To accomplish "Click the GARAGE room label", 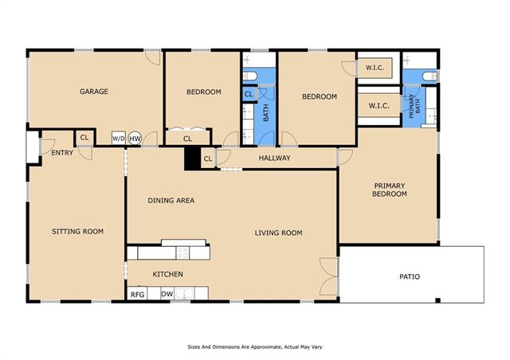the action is (x=94, y=92).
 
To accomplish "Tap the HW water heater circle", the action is (x=135, y=139).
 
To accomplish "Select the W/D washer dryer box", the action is (x=119, y=139).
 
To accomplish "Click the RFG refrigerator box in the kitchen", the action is (x=137, y=293).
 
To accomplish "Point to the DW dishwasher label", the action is (x=167, y=295).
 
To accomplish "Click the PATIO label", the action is (x=410, y=276).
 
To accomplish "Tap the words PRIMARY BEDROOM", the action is (x=390, y=190).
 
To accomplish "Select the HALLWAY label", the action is (x=274, y=158).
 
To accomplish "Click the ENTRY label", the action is (x=62, y=152).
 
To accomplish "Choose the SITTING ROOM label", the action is (x=78, y=231).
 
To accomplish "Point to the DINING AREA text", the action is (x=171, y=201).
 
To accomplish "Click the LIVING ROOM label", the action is (x=278, y=233).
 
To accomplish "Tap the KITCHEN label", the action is (x=168, y=274).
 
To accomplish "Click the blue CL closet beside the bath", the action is (x=249, y=94).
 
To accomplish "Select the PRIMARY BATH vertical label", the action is (x=414, y=107).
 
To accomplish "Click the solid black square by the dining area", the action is (x=193, y=158).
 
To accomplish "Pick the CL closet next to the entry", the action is (x=84, y=138).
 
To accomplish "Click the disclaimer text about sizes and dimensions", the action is (x=255, y=347).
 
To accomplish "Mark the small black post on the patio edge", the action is (x=437, y=300).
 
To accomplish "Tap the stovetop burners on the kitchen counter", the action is (x=182, y=252).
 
